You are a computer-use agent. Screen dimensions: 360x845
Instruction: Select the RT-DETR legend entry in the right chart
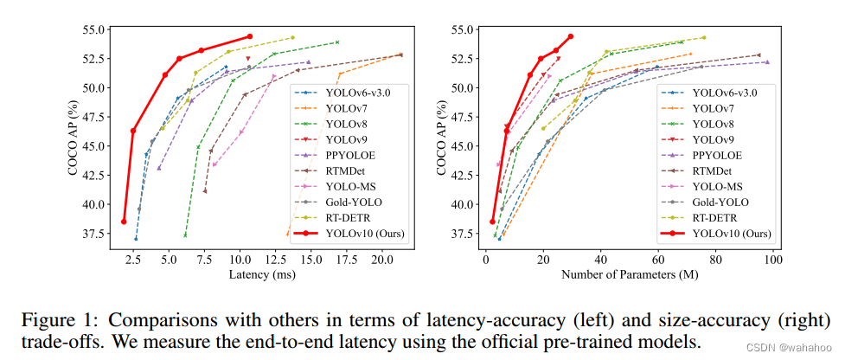(x=714, y=217)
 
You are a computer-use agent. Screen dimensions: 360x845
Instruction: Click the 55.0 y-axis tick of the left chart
(x=96, y=29)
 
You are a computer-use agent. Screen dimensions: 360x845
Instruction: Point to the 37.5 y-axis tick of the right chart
(x=460, y=234)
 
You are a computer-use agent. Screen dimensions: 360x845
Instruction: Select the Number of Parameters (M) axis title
(x=630, y=275)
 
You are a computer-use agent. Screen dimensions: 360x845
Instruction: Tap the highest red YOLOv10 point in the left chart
(x=250, y=36)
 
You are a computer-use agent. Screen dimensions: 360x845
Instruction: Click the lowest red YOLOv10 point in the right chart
(x=492, y=222)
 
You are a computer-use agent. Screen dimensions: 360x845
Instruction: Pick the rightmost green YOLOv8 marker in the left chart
(x=337, y=42)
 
